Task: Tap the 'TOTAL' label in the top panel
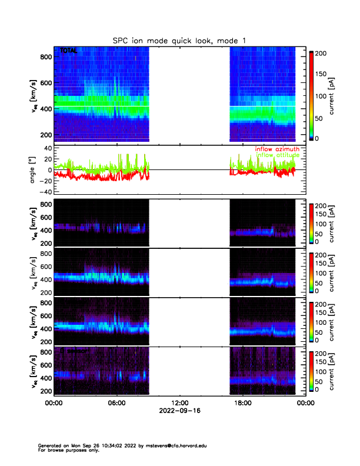[69, 51]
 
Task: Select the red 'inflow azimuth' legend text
[277, 149]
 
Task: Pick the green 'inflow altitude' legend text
[277, 155]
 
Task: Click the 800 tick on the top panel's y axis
[45, 56]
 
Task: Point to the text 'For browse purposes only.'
[66, 450]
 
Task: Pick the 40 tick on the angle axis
[46, 148]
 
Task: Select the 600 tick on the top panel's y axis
[45, 83]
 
